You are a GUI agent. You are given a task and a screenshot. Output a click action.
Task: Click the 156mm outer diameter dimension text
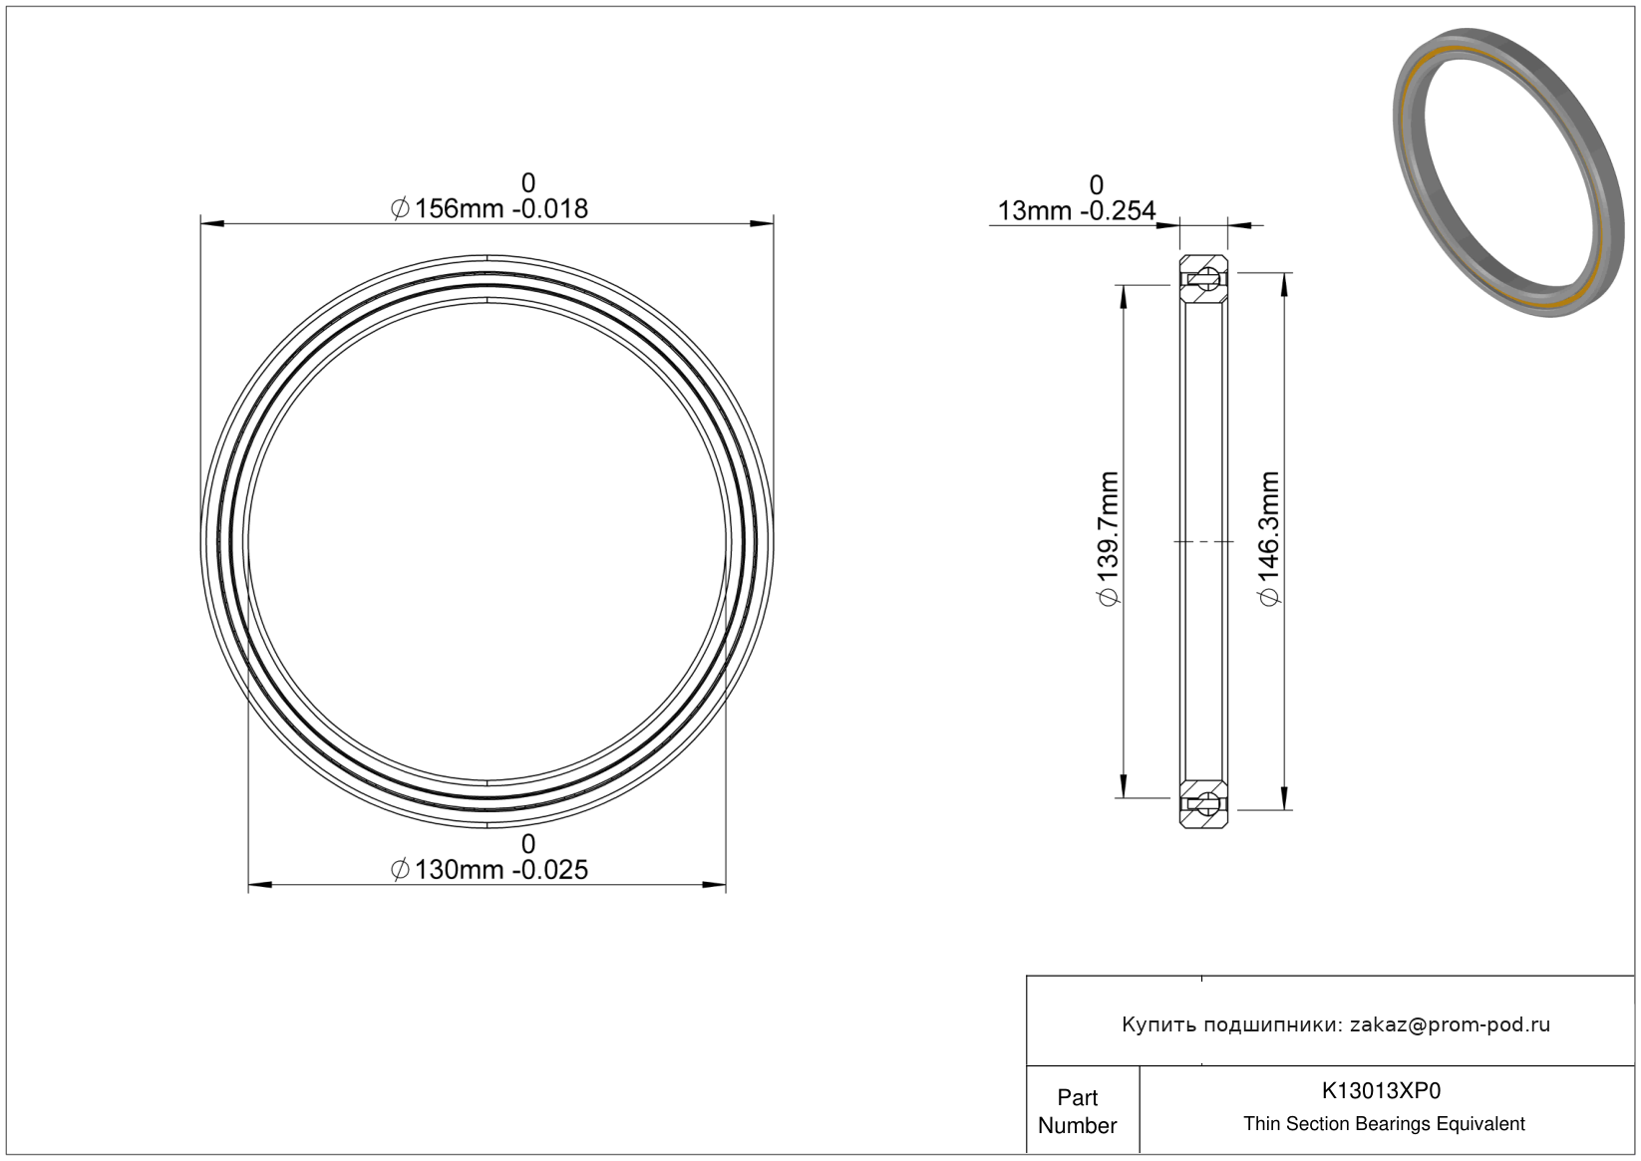(x=490, y=209)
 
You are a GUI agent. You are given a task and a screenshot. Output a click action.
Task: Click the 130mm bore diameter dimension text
(x=490, y=870)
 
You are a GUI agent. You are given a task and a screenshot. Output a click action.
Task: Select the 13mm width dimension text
(x=1077, y=211)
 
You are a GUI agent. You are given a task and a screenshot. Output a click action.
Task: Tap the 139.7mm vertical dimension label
(x=1109, y=539)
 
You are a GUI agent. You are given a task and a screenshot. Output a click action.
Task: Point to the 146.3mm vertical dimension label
(x=1268, y=539)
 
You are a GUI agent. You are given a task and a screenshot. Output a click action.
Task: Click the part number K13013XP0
(x=1381, y=1090)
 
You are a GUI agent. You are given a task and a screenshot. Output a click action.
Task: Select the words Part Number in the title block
(x=1077, y=1111)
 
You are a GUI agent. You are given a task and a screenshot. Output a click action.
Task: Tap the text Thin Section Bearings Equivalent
(x=1384, y=1124)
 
